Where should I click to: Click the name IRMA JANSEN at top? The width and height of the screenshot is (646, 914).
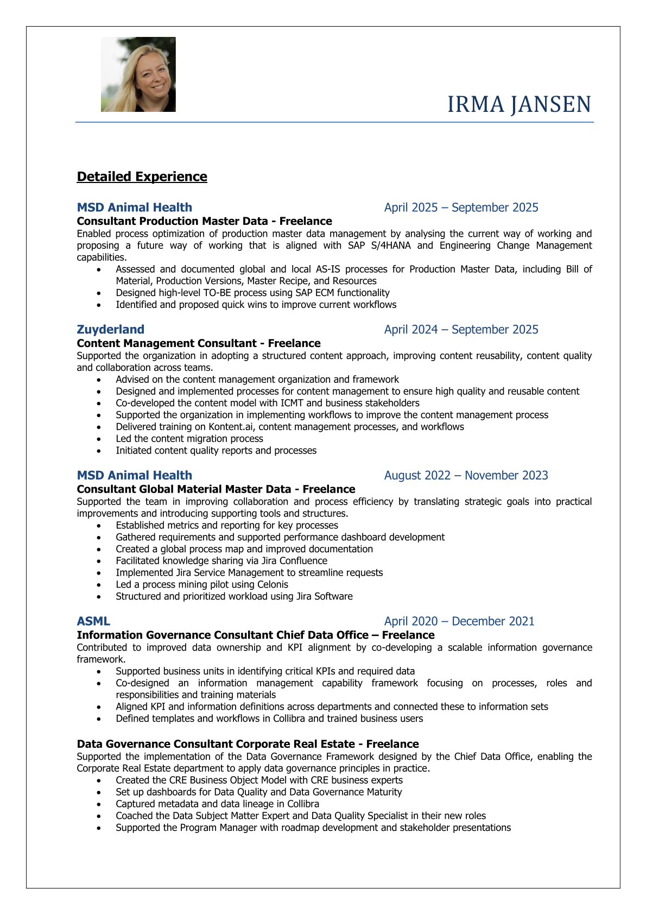(x=519, y=104)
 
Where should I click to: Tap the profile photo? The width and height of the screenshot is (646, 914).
(x=138, y=74)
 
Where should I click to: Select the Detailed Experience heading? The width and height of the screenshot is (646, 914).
(x=142, y=177)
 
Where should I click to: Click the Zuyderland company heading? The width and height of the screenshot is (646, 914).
(x=110, y=329)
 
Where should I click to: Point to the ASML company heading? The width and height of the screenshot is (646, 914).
(x=93, y=621)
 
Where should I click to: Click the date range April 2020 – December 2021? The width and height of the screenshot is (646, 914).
(x=459, y=621)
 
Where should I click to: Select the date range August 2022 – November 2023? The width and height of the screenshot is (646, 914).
(x=466, y=475)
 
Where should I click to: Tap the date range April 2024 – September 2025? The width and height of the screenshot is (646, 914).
(x=461, y=329)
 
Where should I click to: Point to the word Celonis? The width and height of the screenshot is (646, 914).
(x=270, y=584)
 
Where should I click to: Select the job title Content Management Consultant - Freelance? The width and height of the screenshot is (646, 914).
(x=199, y=343)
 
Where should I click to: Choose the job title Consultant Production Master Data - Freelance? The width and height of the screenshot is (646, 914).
(x=204, y=221)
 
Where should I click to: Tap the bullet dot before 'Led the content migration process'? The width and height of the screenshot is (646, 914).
(x=99, y=439)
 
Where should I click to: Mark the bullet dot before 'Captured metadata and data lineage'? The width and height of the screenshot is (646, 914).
(x=99, y=804)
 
